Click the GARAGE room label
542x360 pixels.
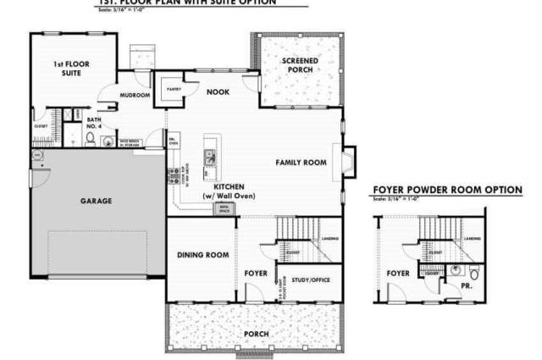pyautogui.click(x=97, y=201)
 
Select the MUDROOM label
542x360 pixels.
pyautogui.click(x=135, y=96)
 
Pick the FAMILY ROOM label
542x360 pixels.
pyautogui.click(x=301, y=162)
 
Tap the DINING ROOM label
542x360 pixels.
pyautogui.click(x=203, y=255)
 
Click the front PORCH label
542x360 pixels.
pyautogui.click(x=256, y=333)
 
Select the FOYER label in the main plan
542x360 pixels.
pyautogui.click(x=256, y=274)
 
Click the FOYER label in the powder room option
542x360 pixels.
pyautogui.click(x=398, y=274)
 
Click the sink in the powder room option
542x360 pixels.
pyautogui.click(x=456, y=270)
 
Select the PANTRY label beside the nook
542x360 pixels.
pyautogui.click(x=174, y=88)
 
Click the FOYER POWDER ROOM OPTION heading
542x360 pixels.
pyautogui.click(x=447, y=190)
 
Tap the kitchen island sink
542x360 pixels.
pyautogui.click(x=208, y=156)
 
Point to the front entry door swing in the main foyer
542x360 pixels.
pyautogui.click(x=252, y=293)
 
